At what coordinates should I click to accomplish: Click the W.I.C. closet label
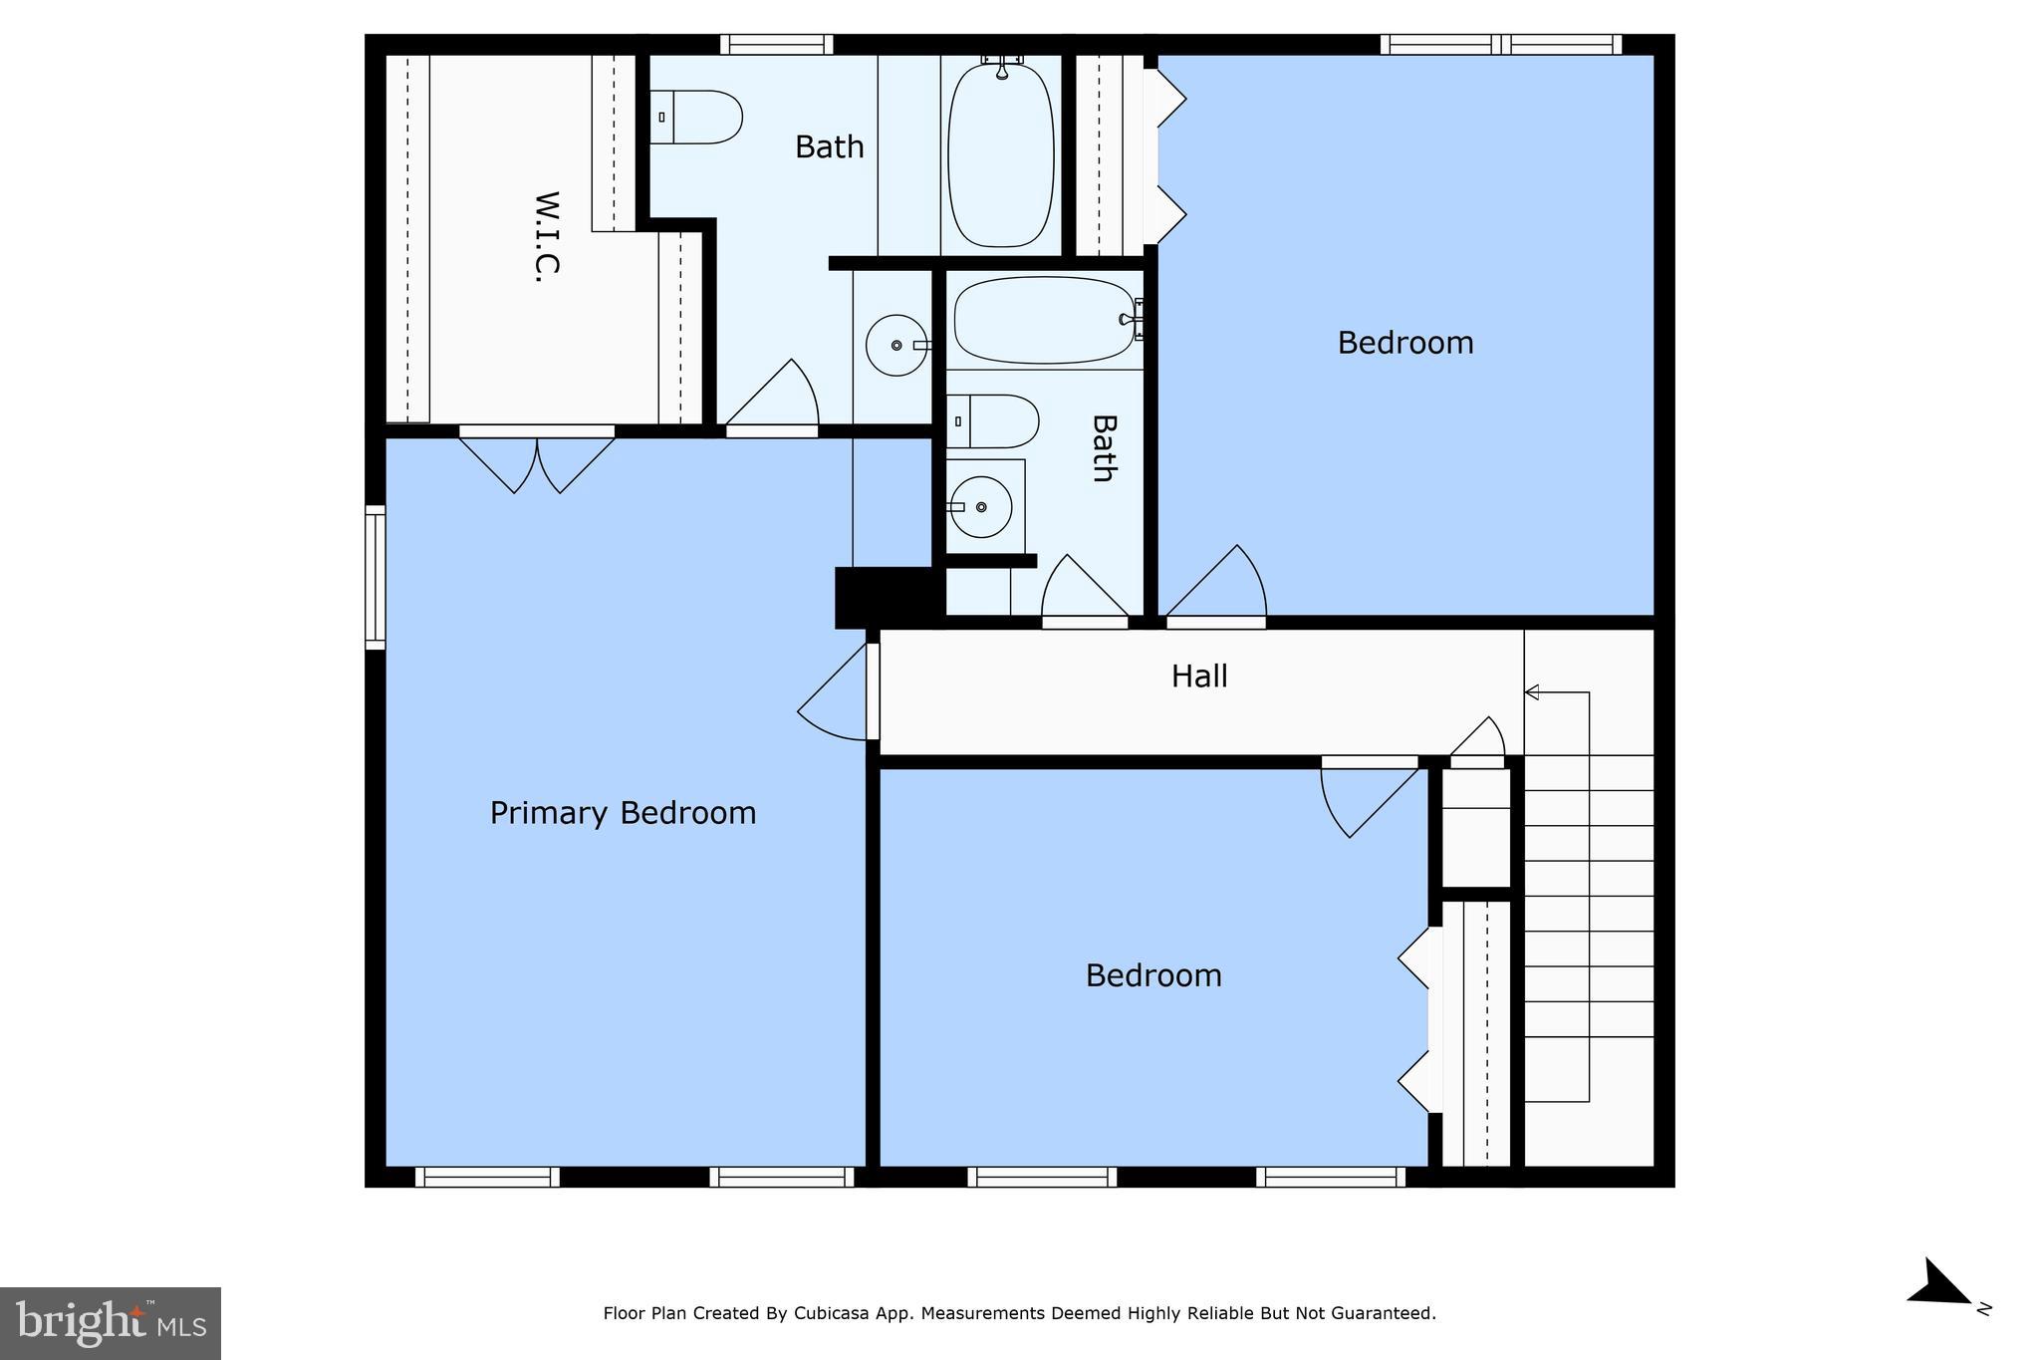(548, 237)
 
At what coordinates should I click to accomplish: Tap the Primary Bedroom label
(623, 813)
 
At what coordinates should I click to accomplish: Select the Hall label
(1198, 677)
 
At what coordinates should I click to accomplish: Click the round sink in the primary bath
(897, 345)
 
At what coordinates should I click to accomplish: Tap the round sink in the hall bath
(982, 507)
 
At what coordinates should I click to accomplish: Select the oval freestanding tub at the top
(1000, 155)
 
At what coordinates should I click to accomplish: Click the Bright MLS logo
(111, 1323)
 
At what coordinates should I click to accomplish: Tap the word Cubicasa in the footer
(829, 1313)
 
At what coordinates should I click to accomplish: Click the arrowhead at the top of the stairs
(1532, 692)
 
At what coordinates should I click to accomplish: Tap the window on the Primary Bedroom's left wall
(376, 577)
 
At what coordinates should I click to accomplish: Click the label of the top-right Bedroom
(1404, 343)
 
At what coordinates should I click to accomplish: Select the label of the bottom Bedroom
(1153, 975)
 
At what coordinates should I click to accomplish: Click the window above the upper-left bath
(776, 45)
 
